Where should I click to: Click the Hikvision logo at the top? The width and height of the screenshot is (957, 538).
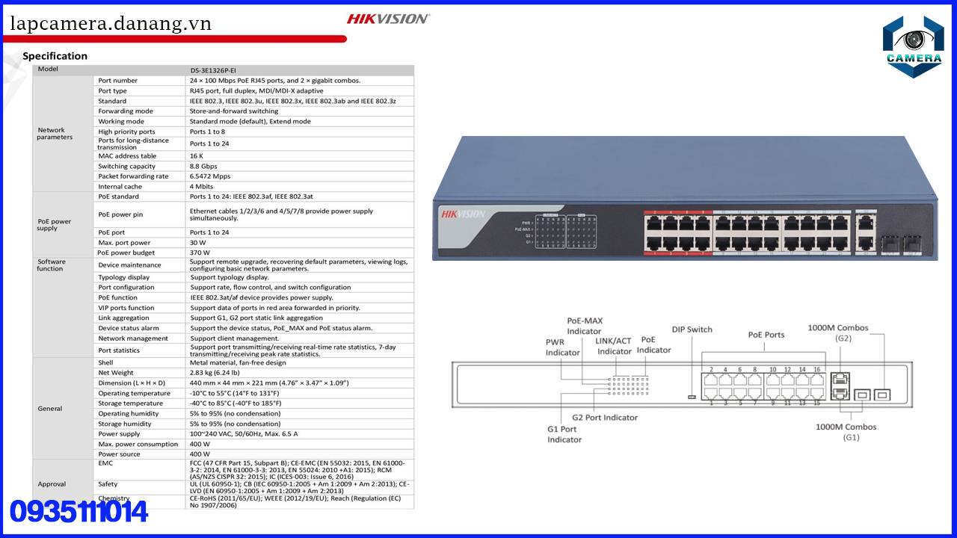pos(388,19)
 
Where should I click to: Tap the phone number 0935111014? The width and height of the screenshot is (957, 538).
pos(79,512)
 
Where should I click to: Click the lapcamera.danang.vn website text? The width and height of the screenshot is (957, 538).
pos(111,24)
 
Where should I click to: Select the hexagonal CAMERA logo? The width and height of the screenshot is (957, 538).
pos(913,46)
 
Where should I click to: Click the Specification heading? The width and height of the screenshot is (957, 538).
pos(55,56)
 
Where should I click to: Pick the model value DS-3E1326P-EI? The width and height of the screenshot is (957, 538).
pos(213,70)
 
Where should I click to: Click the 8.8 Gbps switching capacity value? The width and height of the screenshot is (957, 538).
pos(203,166)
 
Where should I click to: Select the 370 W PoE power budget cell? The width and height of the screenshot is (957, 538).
pos(200,253)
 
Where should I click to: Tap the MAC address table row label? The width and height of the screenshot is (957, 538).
pos(127,156)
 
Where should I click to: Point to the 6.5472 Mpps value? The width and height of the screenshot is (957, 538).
pos(211,176)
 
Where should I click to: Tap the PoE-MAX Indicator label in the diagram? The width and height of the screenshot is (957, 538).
pos(584,326)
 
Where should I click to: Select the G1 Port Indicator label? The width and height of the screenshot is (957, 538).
pos(564,434)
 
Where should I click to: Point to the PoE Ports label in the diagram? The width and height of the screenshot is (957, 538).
pos(766,335)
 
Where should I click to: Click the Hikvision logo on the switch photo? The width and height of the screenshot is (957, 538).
pos(464,214)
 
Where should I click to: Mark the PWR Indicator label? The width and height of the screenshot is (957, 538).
pos(562,347)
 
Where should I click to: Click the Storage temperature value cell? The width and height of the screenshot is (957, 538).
pos(235,403)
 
